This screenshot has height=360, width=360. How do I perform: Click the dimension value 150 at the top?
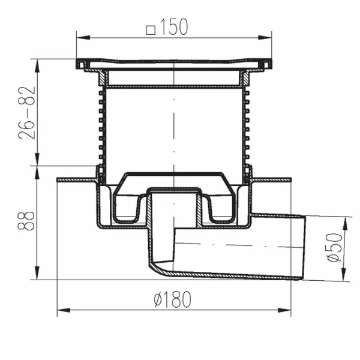click(x=175, y=27)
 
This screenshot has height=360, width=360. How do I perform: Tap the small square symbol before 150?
click(x=151, y=28)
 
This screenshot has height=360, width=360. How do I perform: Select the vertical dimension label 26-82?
click(x=27, y=112)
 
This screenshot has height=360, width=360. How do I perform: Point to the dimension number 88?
click(x=27, y=222)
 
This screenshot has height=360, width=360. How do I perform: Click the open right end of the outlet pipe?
click(x=304, y=247)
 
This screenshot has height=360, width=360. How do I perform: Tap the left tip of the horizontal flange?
click(x=58, y=179)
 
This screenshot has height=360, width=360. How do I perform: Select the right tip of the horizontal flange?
click(x=290, y=179)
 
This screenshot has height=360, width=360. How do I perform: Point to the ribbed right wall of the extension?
click(x=247, y=129)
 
